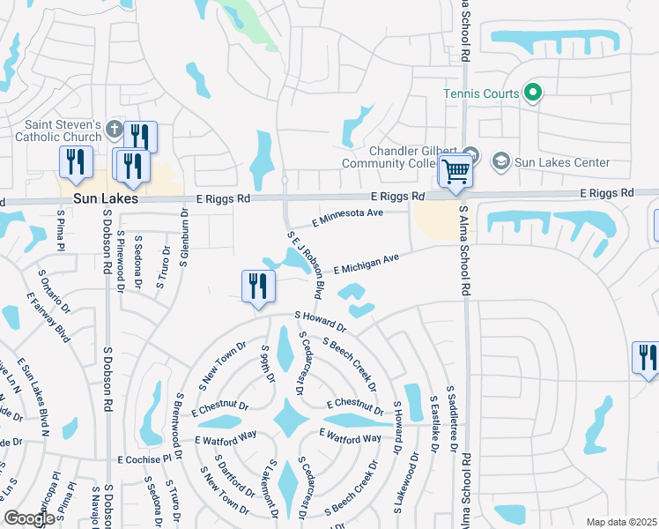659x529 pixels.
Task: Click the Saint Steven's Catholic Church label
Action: (x=63, y=130)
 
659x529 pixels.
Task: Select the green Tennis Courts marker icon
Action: (x=532, y=92)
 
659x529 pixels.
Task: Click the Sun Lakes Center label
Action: (x=562, y=162)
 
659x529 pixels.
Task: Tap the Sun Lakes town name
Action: (x=106, y=199)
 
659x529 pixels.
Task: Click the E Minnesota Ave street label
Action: (x=350, y=217)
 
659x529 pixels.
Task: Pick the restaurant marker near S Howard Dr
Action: (x=257, y=286)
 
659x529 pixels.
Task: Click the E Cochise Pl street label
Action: (x=144, y=459)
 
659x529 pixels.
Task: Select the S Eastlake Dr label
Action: (x=433, y=422)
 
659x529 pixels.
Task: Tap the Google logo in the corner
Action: (x=29, y=518)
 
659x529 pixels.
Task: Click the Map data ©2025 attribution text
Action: (x=620, y=522)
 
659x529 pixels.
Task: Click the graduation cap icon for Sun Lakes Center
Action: (x=501, y=161)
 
